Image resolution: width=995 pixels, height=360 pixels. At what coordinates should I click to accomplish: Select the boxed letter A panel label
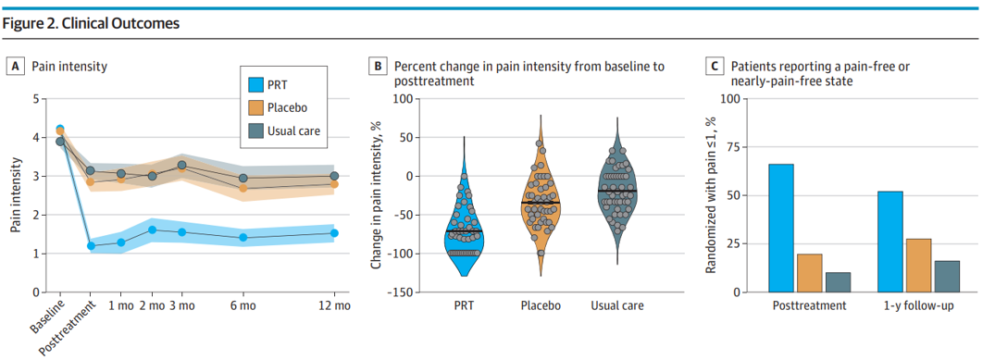[x=15, y=66]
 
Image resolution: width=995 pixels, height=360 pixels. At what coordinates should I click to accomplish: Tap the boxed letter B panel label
[x=378, y=66]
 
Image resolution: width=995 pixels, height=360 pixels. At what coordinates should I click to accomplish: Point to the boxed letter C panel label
[x=715, y=66]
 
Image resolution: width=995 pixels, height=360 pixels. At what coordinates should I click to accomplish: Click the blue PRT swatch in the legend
[x=253, y=84]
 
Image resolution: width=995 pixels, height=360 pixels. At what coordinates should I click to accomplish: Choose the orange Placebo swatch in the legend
[x=253, y=107]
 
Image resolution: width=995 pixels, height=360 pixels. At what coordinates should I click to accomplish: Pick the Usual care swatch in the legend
[x=253, y=130]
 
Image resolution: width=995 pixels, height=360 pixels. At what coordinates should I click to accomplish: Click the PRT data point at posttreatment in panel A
[x=91, y=245]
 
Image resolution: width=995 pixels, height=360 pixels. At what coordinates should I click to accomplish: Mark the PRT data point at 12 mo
[x=334, y=233]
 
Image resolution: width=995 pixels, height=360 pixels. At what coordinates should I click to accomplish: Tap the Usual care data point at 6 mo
[x=243, y=178]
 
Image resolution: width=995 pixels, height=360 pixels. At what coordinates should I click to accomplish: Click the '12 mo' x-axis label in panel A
[x=334, y=304]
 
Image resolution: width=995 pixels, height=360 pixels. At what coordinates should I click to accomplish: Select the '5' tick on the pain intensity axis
[x=35, y=99]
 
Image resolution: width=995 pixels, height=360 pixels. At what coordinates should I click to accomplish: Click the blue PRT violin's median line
[x=464, y=230]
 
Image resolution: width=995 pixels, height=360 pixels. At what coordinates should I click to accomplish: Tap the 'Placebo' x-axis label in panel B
[x=540, y=304]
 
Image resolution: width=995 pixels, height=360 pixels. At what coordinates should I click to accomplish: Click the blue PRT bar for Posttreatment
[x=782, y=228]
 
